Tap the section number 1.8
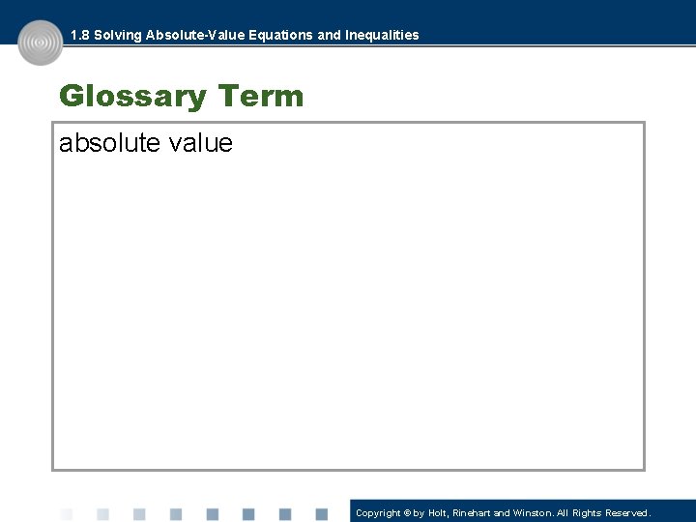click(80, 35)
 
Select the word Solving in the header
click(117, 35)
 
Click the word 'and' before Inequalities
click(330, 35)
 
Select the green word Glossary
click(133, 97)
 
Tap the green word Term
click(261, 97)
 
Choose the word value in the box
click(200, 143)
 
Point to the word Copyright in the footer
click(378, 513)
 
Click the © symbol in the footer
click(408, 513)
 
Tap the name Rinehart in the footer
click(474, 513)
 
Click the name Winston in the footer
click(532, 513)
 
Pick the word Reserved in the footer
click(628, 513)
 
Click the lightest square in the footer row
click(67, 514)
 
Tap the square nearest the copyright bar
click(321, 514)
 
